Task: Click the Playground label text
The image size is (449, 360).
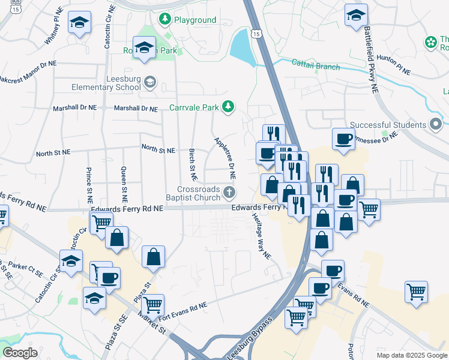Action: [x=194, y=20]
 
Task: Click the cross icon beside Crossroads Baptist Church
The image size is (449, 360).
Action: [x=229, y=193]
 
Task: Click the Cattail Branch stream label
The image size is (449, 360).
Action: [x=316, y=64]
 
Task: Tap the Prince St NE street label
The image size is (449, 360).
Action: [x=89, y=184]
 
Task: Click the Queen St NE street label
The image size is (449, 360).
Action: [x=124, y=184]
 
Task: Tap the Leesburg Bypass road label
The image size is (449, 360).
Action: [x=249, y=337]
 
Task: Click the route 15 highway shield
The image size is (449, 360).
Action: [x=257, y=35]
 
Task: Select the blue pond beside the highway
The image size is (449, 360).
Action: [x=242, y=47]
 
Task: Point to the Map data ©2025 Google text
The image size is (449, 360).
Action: [x=411, y=355]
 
